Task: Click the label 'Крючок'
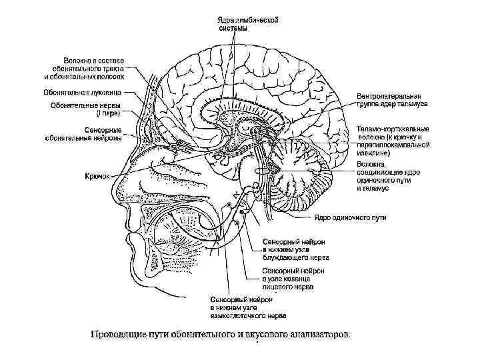tap(97, 177)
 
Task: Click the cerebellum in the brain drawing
tap(300, 177)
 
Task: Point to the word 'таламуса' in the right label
tap(413, 105)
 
